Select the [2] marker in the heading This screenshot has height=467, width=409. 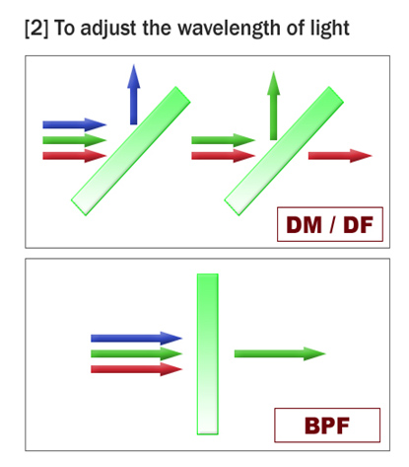tap(36, 29)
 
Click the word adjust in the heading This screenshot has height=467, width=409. tap(108, 29)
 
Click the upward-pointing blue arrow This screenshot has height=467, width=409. tap(134, 95)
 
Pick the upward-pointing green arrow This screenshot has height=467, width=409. tap(274, 106)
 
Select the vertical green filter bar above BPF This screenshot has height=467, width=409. tap(208, 354)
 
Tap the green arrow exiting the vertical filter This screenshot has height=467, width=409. tap(280, 353)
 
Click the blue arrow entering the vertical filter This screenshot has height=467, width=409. tap(136, 338)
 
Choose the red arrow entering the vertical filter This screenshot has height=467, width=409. tap(136, 369)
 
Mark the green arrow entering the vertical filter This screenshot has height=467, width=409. tap(136, 353)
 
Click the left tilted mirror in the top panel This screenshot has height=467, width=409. tap(131, 151)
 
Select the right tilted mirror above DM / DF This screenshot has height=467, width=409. tap(284, 151)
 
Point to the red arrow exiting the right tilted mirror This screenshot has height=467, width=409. tap(340, 156)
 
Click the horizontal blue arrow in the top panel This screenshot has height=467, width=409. tap(75, 124)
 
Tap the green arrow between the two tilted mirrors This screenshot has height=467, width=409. tap(224, 140)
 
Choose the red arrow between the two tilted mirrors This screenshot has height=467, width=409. tap(224, 156)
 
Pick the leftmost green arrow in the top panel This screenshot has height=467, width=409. tap(75, 140)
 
